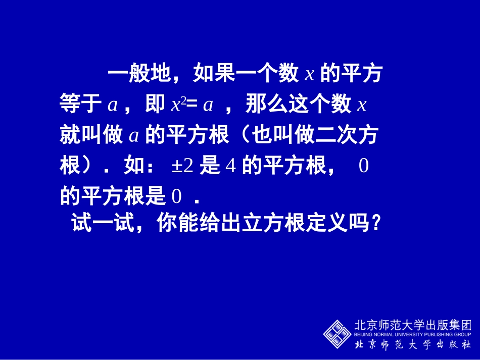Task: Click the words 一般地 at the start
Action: [x=139, y=74]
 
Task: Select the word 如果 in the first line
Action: [x=212, y=74]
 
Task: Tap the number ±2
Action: [x=182, y=166]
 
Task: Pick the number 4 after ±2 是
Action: [x=231, y=166]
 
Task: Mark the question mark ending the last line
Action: [x=374, y=222]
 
